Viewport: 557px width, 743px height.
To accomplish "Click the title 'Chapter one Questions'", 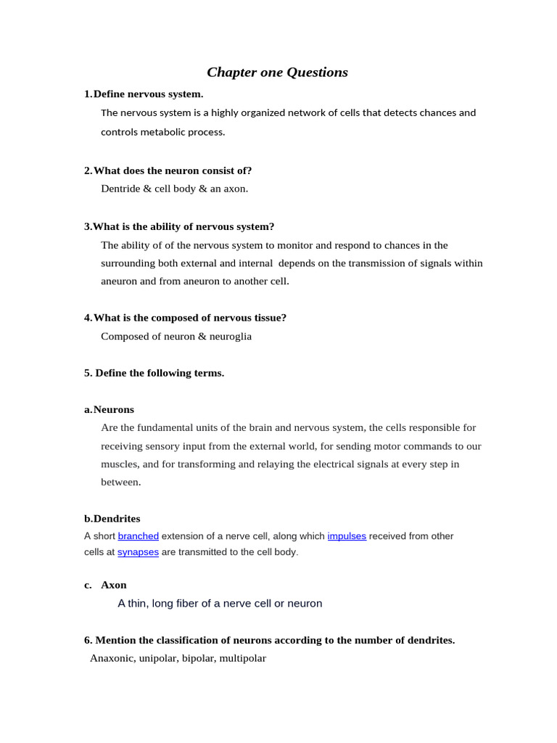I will [x=277, y=72].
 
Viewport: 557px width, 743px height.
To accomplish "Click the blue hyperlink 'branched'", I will [x=138, y=536].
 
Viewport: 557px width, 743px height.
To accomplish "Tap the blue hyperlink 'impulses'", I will [x=347, y=536].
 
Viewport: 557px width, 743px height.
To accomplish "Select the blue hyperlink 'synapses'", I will [x=138, y=552].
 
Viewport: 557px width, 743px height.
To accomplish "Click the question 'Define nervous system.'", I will [x=149, y=94].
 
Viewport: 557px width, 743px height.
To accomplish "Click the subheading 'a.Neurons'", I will [x=110, y=409].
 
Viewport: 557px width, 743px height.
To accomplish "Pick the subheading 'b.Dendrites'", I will [x=112, y=519].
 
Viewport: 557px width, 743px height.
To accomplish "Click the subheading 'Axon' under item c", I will [x=114, y=585].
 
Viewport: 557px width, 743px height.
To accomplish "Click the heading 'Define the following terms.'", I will [x=160, y=373].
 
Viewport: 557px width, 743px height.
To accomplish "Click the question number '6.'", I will [x=88, y=640].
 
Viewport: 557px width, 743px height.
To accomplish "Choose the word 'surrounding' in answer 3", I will [x=128, y=263].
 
